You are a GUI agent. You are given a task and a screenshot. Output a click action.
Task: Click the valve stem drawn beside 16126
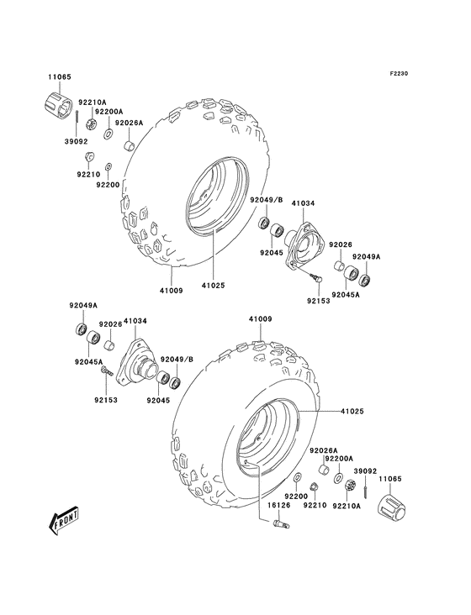click(279, 525)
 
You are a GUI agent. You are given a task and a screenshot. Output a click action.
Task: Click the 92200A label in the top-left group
click(108, 111)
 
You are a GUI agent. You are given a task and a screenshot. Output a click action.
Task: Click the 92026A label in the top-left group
click(130, 123)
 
